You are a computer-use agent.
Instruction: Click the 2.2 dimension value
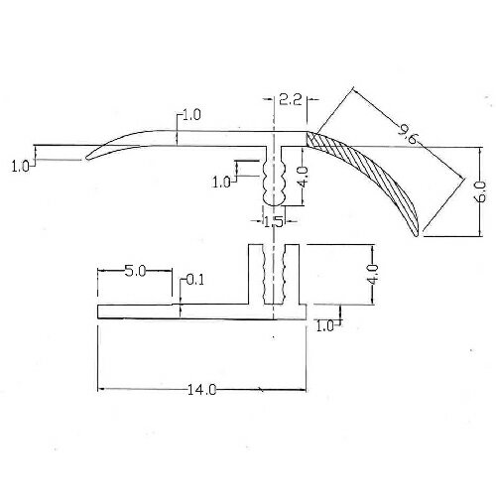click(291, 99)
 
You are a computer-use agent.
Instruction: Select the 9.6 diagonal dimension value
click(408, 135)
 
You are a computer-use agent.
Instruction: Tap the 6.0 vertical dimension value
click(481, 191)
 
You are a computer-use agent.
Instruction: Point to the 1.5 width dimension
click(274, 221)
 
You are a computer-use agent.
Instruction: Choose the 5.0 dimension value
click(135, 272)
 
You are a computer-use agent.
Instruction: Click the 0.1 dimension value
click(195, 281)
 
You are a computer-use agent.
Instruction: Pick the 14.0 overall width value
click(201, 390)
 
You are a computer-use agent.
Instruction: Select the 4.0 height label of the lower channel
click(373, 274)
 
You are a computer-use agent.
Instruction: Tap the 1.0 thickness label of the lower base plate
click(325, 326)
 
